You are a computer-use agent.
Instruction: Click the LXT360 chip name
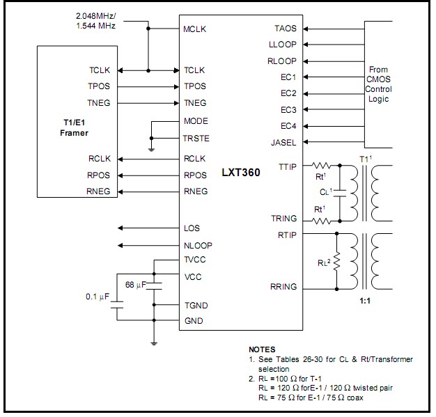tap(241, 172)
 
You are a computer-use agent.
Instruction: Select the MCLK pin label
tap(195, 30)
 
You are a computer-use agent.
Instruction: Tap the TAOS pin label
tap(286, 29)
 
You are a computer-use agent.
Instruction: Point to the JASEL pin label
tap(283, 143)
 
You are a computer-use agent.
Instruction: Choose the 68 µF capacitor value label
tap(135, 285)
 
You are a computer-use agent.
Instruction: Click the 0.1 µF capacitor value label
tap(95, 297)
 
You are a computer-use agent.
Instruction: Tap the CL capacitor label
tap(325, 191)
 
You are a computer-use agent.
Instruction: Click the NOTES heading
tap(262, 349)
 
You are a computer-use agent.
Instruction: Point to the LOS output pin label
tap(192, 228)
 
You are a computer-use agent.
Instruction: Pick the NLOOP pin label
tap(198, 245)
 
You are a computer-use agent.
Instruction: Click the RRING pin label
tap(283, 286)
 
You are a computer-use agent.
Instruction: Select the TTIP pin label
tap(287, 166)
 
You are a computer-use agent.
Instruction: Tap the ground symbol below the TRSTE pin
tap(152, 148)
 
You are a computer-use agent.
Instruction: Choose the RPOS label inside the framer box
tap(99, 175)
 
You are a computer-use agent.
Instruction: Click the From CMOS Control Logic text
tap(380, 84)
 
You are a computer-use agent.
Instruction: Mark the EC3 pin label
tap(288, 109)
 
